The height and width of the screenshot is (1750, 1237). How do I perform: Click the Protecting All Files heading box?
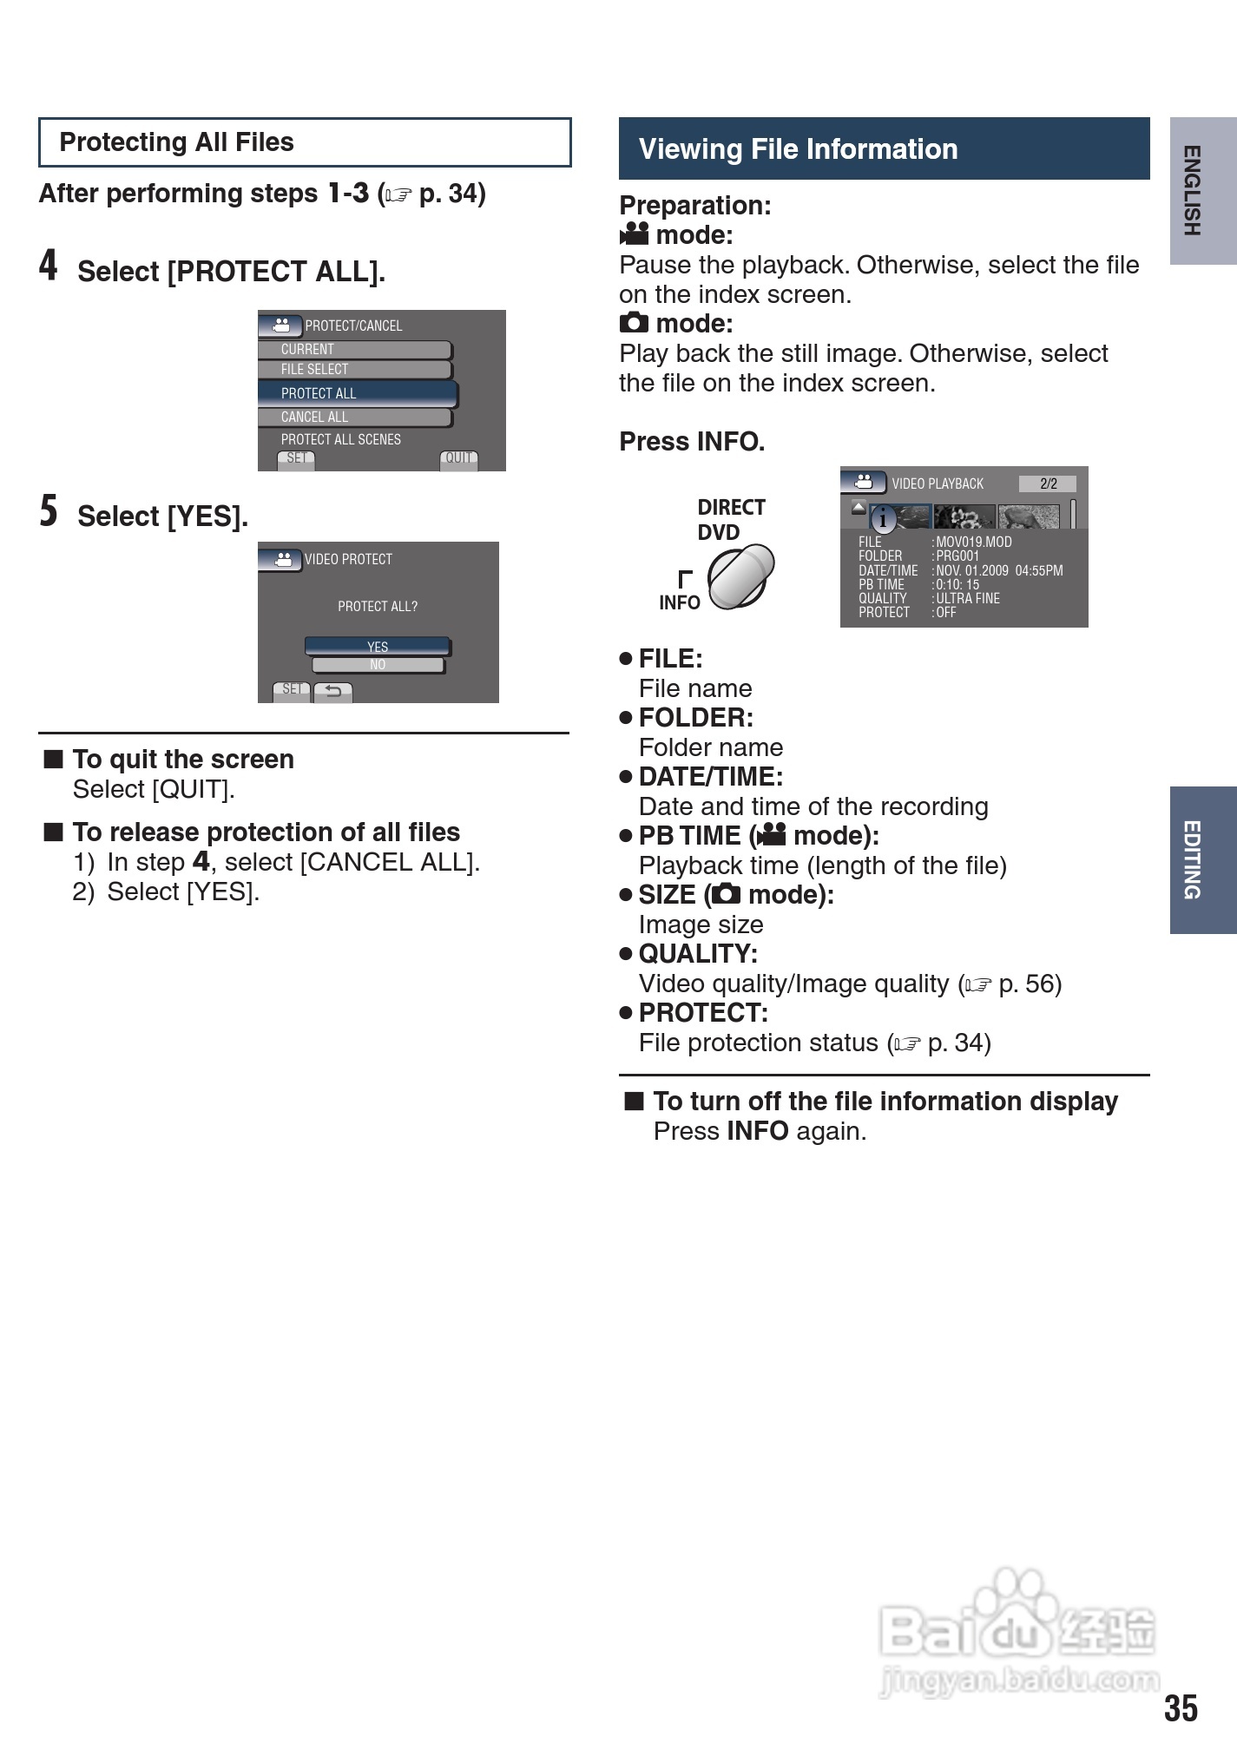click(x=304, y=142)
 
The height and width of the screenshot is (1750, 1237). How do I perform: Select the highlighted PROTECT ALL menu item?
click(x=357, y=393)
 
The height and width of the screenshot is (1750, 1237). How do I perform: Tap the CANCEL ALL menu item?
click(x=354, y=418)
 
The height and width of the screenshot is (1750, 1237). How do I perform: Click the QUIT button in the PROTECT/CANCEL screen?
click(x=458, y=458)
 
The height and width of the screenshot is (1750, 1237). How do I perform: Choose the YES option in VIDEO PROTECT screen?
click(x=377, y=647)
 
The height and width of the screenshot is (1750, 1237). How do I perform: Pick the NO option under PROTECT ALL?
click(x=377, y=665)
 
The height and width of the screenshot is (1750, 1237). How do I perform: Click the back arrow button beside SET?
click(x=333, y=691)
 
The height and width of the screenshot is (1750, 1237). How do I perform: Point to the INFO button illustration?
click(x=740, y=576)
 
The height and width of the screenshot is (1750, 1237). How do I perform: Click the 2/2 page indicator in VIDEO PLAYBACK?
click(x=1048, y=484)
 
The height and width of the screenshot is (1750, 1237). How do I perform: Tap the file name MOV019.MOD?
click(x=973, y=542)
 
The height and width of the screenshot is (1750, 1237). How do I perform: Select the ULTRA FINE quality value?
click(x=967, y=598)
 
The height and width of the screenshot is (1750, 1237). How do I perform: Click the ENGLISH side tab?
click(x=1202, y=191)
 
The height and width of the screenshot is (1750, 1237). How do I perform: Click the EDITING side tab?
click(x=1202, y=859)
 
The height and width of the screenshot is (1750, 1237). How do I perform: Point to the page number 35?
click(x=1181, y=1707)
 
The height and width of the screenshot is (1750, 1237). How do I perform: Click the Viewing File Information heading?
click(x=884, y=148)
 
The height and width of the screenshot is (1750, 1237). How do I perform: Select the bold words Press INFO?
click(x=692, y=442)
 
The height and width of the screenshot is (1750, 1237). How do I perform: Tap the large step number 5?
click(x=49, y=511)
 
